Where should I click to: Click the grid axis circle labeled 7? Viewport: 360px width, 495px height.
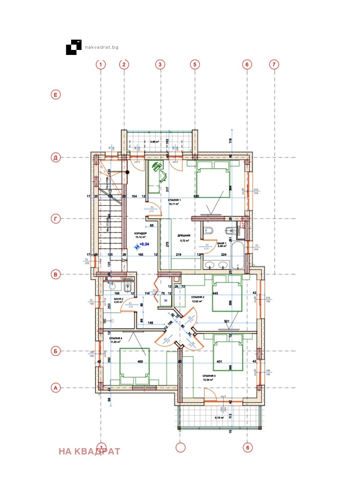click(274, 64)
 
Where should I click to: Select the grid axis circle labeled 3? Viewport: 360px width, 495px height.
click(159, 64)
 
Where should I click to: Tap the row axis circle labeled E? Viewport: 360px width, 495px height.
click(55, 95)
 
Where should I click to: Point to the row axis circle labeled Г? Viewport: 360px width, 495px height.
click(55, 219)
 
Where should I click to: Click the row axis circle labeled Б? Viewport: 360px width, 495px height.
click(55, 350)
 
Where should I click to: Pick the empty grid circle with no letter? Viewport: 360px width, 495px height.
click(180, 447)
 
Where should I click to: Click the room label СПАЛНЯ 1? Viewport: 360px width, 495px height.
click(174, 200)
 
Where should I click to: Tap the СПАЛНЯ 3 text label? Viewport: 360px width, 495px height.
click(209, 376)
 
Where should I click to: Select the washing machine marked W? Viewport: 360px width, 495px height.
click(165, 300)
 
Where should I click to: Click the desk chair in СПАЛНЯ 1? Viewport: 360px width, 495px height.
click(157, 167)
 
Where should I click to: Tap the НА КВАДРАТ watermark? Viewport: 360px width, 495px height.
click(90, 451)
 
